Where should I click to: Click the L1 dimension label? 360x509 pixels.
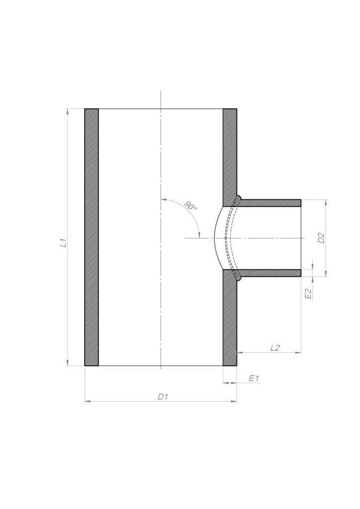pos(63,243)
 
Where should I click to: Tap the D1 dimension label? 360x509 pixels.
pos(163,396)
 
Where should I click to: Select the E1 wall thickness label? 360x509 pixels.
pos(254,378)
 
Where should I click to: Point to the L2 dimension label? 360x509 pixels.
pos(275,347)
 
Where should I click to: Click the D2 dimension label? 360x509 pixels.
pos(321,238)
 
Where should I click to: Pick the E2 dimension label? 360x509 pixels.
pos(308,294)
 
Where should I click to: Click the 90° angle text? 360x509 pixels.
pos(191,205)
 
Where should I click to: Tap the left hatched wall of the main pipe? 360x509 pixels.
pos(91,237)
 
